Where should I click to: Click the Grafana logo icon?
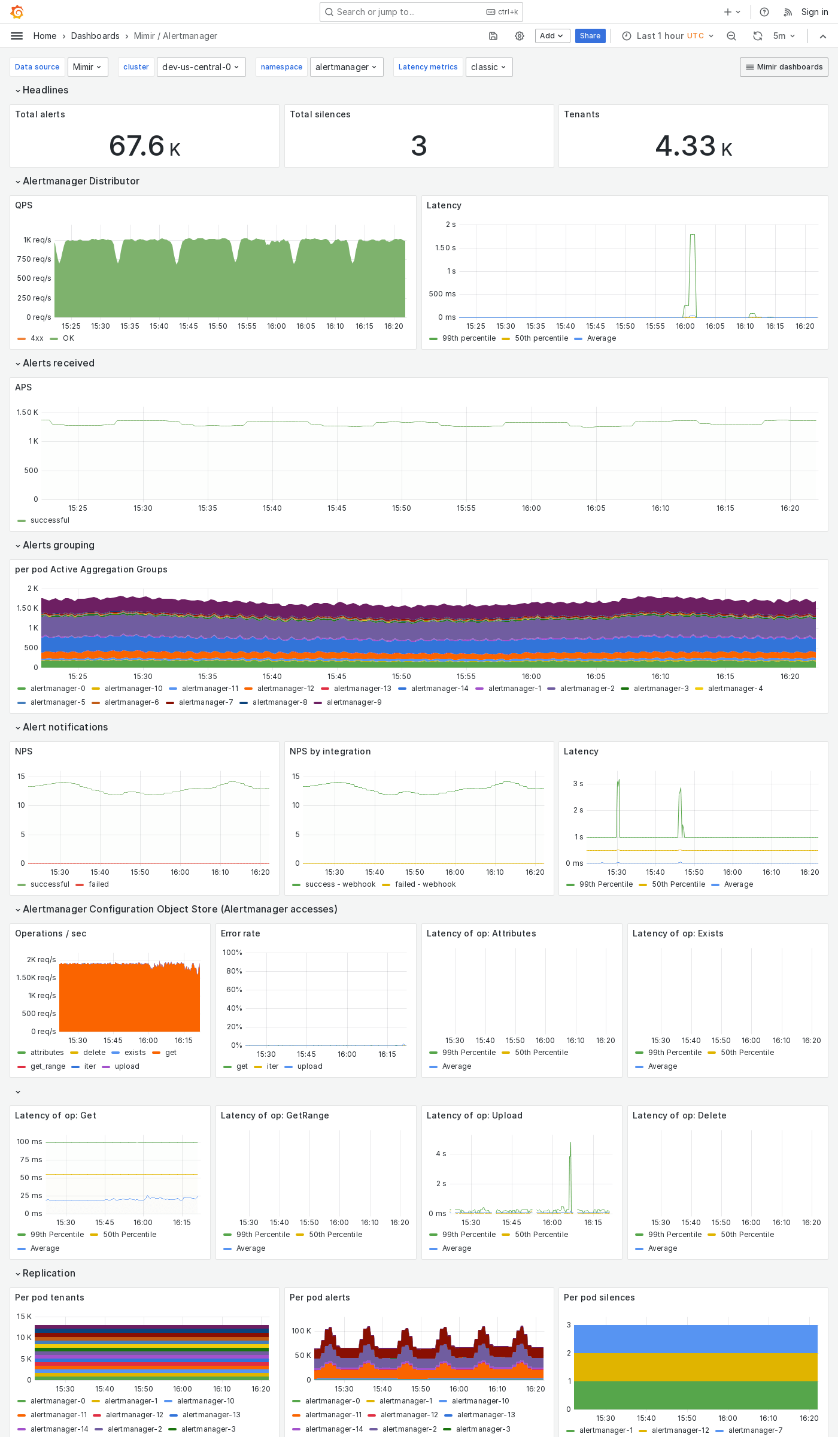pyautogui.click(x=17, y=12)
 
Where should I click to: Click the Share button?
pyautogui.click(x=590, y=36)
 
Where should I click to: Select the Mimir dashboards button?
pyautogui.click(x=784, y=67)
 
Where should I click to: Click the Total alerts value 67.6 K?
pyautogui.click(x=144, y=146)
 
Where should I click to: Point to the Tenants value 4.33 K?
pyautogui.click(x=693, y=146)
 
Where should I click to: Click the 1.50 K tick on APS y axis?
pyautogui.click(x=28, y=413)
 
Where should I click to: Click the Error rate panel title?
pyautogui.click(x=240, y=933)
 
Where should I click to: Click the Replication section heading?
pyautogui.click(x=49, y=1274)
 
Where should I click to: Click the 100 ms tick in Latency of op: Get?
pyautogui.click(x=30, y=1142)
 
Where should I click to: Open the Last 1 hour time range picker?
pyautogui.click(x=669, y=36)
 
